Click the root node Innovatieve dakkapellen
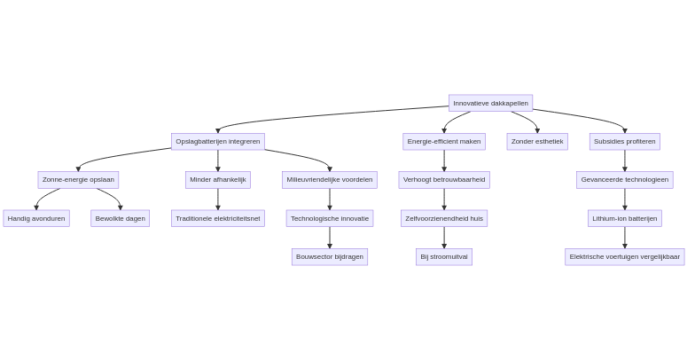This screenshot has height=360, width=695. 490,103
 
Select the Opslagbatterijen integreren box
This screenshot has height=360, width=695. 218,141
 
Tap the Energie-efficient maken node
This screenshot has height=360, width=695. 444,141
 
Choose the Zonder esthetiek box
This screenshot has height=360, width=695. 537,141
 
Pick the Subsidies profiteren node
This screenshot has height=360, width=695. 625,141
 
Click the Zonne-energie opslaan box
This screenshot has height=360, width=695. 78,180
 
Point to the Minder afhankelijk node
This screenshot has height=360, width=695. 218,180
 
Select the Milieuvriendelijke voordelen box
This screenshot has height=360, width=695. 330,180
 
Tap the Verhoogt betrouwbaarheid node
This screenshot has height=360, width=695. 444,180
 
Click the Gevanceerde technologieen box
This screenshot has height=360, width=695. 625,180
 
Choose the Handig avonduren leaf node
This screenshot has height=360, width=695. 36,218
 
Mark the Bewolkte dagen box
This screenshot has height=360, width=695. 121,218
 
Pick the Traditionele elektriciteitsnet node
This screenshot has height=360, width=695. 218,218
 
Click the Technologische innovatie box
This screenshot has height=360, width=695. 330,218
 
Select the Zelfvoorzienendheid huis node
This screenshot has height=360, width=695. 444,218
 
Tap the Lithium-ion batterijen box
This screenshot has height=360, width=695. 625,218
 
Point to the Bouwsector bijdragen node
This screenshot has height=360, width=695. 330,257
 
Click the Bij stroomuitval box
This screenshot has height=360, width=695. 444,257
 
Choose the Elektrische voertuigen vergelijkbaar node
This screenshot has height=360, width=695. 625,257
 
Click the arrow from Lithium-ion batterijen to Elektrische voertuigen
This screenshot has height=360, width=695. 625,238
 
